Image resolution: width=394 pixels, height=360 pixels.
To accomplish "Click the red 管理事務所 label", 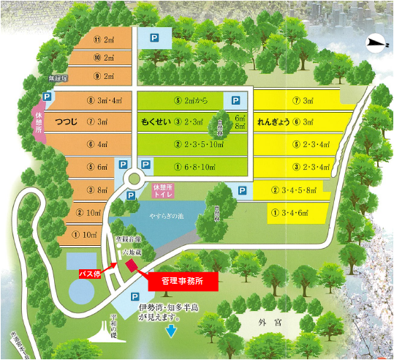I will pyautogui.click(x=182, y=280).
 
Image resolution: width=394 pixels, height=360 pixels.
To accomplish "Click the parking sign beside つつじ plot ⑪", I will pyautogui.click(x=154, y=37).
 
